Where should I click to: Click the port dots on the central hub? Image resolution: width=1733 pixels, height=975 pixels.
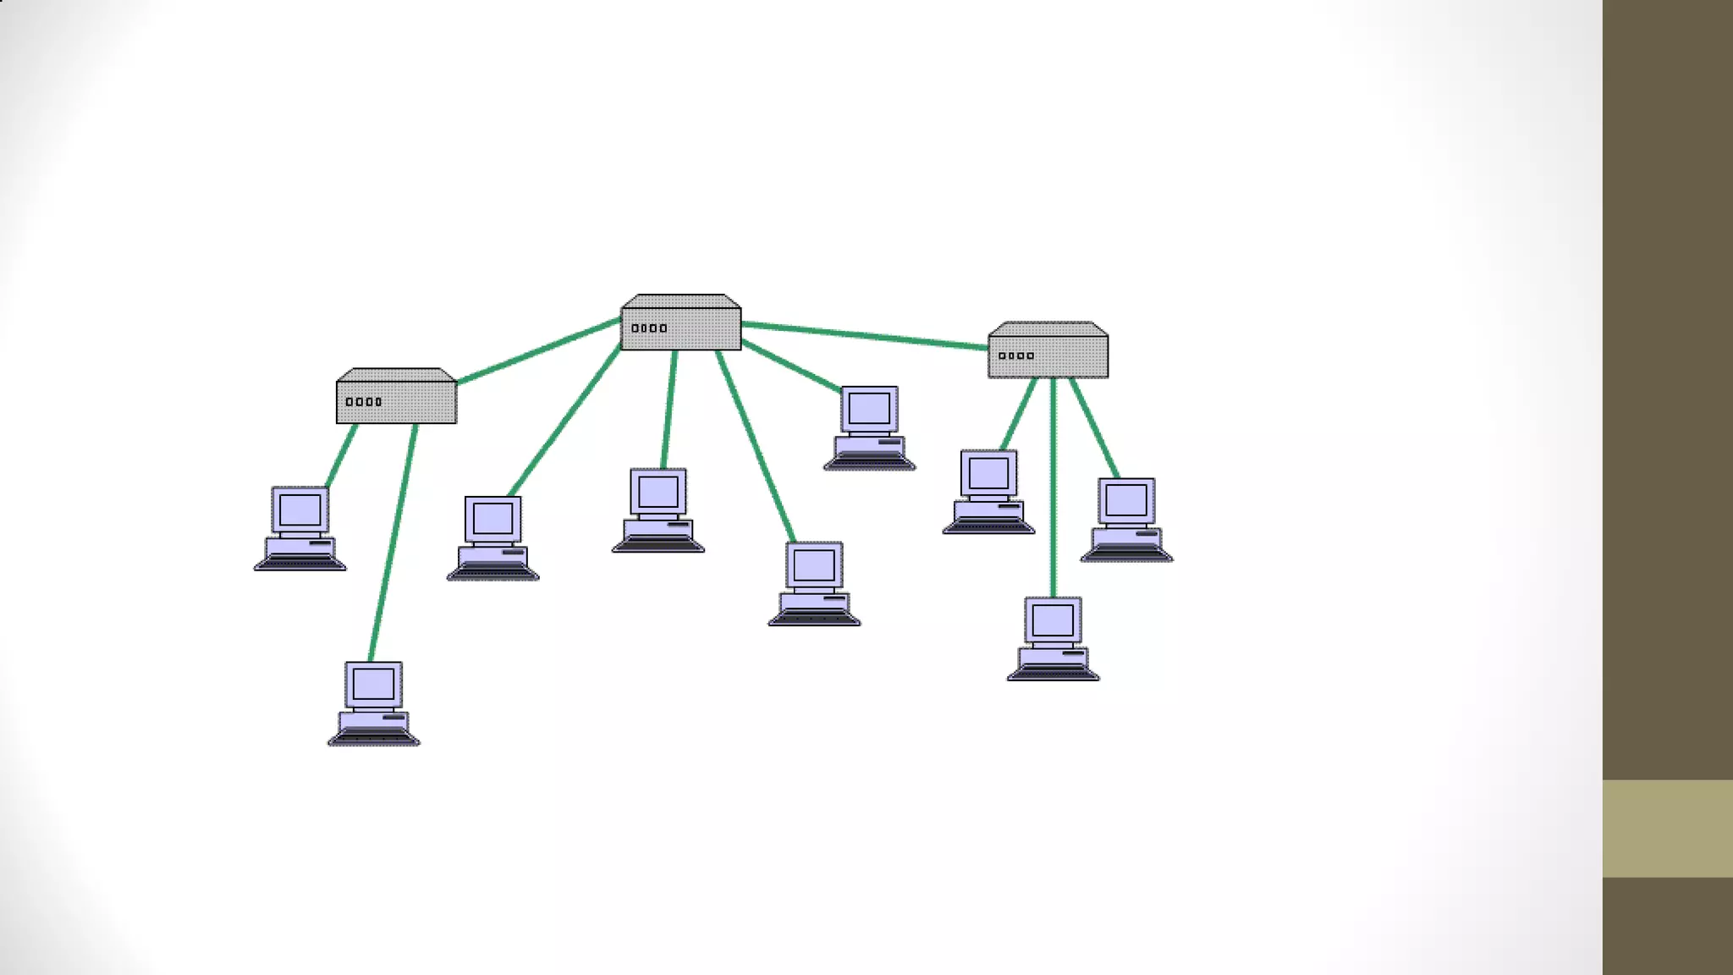[649, 328]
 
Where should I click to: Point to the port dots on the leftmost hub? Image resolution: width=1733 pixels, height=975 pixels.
[364, 402]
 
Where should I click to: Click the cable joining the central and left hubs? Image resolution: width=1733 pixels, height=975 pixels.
[539, 350]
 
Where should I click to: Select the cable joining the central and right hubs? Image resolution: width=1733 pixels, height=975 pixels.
[865, 336]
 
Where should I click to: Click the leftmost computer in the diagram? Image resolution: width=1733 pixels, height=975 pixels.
[300, 528]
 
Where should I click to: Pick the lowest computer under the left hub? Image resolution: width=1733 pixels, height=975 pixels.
[373, 703]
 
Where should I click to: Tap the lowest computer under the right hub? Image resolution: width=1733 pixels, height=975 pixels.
[1053, 638]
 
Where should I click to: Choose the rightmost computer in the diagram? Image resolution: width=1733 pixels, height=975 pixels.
[1126, 519]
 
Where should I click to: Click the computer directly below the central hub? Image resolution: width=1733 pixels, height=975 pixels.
[657, 510]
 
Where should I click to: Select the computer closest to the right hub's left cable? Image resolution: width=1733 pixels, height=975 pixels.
[988, 492]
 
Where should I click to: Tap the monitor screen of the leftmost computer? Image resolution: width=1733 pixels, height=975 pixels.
[300, 510]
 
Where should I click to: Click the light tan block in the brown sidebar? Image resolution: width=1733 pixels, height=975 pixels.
[1667, 828]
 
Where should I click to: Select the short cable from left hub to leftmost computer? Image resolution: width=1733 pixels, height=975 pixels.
[341, 455]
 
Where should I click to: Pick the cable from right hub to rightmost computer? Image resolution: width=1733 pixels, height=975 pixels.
[1095, 428]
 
